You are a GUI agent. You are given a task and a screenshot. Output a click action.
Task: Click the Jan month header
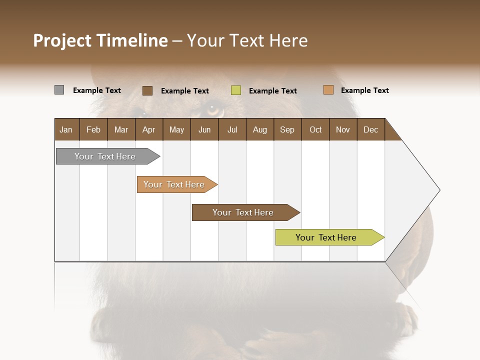coord(66,129)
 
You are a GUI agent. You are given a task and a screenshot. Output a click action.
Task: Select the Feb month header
coord(93,129)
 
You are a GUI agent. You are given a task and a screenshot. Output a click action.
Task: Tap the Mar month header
coord(121,129)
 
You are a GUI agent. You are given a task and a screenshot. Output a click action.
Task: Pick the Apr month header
coord(148,129)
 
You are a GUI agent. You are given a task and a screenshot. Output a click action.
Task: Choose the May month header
coord(176,129)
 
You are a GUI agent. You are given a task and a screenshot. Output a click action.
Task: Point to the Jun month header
coord(204,129)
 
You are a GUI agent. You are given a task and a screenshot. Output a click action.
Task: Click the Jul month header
coord(232,129)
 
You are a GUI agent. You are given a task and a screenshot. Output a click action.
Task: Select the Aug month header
coord(259,129)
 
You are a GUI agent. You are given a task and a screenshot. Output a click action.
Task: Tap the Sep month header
coord(287,129)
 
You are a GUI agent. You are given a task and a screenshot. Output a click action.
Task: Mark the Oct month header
coord(315,129)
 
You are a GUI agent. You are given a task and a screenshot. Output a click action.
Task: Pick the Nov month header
coord(343,129)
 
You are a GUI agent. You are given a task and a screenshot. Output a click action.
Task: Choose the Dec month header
coord(370,129)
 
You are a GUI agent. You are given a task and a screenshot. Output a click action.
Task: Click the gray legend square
coord(59,90)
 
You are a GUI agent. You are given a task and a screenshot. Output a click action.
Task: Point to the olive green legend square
coord(236,90)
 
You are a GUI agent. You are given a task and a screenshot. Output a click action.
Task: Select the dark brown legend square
coord(147,90)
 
